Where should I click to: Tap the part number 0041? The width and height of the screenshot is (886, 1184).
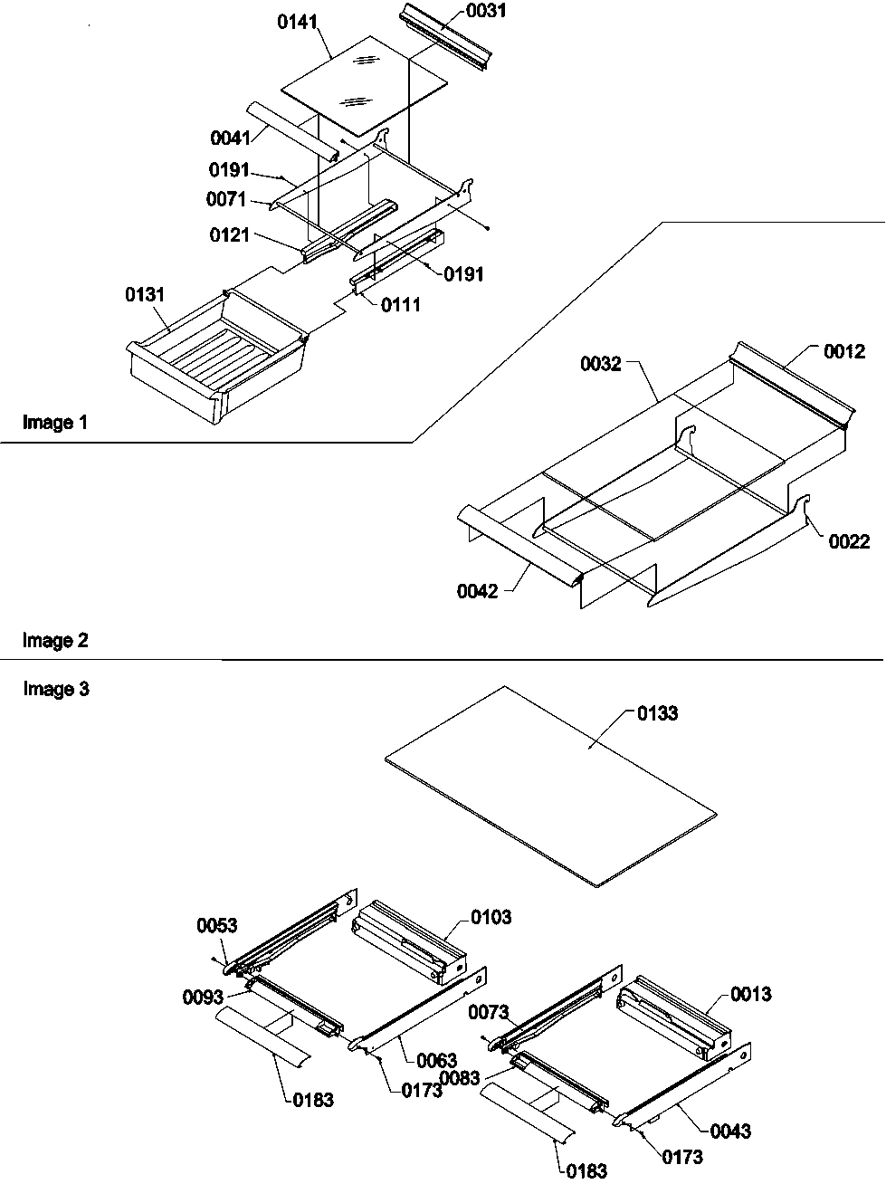click(230, 138)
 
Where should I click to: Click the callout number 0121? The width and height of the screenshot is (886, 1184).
click(230, 235)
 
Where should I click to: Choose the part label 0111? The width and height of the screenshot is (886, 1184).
click(400, 305)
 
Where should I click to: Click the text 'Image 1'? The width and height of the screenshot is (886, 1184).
click(55, 422)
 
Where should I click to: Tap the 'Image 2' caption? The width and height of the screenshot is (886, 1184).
click(55, 641)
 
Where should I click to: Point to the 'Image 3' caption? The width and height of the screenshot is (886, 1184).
click(55, 690)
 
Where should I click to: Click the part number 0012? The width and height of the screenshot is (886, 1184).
click(843, 352)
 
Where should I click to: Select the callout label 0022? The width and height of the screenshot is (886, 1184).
click(848, 541)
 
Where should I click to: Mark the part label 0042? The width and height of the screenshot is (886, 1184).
click(477, 592)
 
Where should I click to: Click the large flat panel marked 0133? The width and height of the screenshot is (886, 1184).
click(552, 783)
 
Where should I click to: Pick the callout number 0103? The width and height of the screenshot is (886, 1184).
click(491, 917)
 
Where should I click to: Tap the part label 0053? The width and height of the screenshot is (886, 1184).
click(217, 925)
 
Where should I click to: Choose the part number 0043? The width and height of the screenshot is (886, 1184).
click(730, 1131)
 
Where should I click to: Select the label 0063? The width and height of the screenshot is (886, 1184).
click(436, 1060)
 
